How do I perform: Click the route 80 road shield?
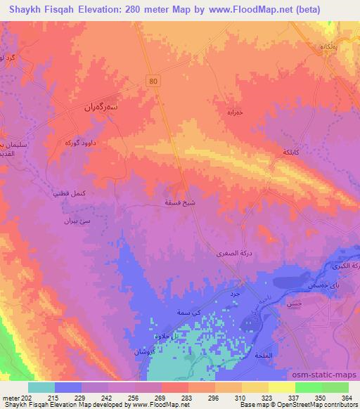pos(153,81)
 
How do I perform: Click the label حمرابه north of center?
pos(217,112)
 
